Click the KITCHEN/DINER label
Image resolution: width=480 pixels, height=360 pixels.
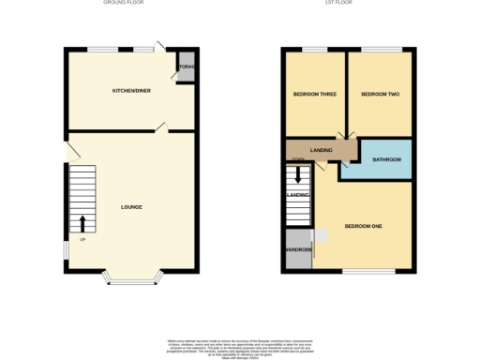pyautogui.click(x=130, y=91)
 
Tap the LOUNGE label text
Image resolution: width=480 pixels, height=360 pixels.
pyautogui.click(x=131, y=206)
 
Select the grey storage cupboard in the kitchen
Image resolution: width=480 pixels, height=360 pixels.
pyautogui.click(x=187, y=70)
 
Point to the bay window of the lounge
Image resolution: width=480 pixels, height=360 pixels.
pyautogui.click(x=131, y=277)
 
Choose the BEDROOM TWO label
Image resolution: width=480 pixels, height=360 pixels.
pyautogui.click(x=381, y=94)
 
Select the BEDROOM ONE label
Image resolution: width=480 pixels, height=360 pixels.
pyautogui.click(x=363, y=226)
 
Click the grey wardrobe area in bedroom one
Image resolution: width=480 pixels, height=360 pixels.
pyautogui.click(x=298, y=250)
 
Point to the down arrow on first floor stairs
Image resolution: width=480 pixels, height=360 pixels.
pyautogui.click(x=298, y=174)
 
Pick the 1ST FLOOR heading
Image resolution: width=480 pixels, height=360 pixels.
pyautogui.click(x=338, y=4)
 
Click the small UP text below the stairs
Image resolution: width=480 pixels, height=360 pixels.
pyautogui.click(x=82, y=241)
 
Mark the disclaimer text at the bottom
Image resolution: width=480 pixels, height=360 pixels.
pyautogui.click(x=240, y=347)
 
